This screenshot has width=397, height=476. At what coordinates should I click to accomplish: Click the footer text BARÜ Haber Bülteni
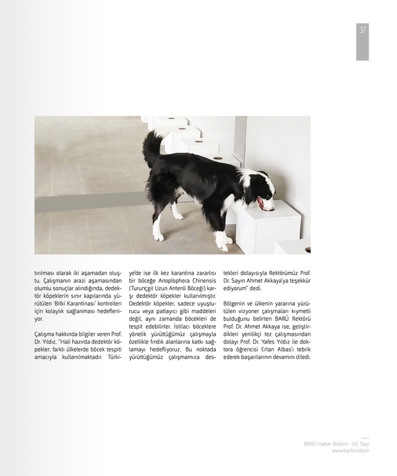pyautogui.click(x=325, y=444)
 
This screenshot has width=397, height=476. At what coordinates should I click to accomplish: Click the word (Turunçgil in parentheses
pyautogui.click(x=142, y=288)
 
